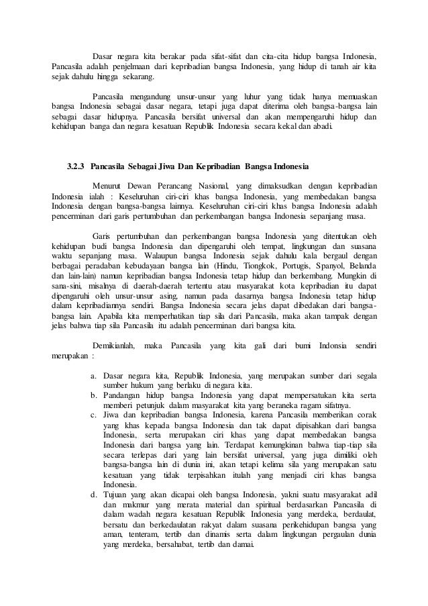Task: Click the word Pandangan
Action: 125,397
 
